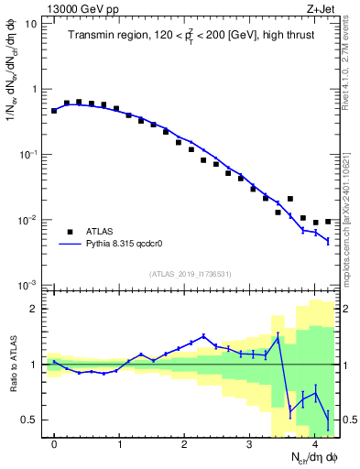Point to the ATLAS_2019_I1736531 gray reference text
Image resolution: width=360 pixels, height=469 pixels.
(191, 274)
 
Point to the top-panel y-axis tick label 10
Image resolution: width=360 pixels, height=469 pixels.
(30, 24)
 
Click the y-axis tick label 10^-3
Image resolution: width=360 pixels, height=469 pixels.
(28, 286)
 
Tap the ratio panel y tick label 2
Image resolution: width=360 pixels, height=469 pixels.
(34, 309)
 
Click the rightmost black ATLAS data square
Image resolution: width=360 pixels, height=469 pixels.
(328, 222)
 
